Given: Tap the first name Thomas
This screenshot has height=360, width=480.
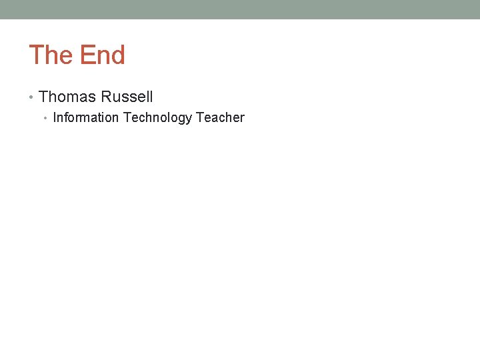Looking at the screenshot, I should pyautogui.click(x=67, y=97).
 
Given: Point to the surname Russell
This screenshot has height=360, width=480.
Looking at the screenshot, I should pyautogui.click(x=127, y=97).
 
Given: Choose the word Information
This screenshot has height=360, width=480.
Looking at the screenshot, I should pyautogui.click(x=85, y=118).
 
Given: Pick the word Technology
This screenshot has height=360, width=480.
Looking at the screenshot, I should pyautogui.click(x=157, y=118).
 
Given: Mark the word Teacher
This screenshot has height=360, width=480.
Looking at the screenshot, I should pyautogui.click(x=220, y=118).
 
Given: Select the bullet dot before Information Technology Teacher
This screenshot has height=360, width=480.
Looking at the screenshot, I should pyautogui.click(x=46, y=119).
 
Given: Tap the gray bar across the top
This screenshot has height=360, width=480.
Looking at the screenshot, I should pyautogui.click(x=240, y=9).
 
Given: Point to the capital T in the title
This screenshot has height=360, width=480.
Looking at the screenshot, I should pyautogui.click(x=36, y=55).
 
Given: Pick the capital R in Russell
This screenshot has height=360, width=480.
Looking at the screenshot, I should pyautogui.click(x=107, y=97).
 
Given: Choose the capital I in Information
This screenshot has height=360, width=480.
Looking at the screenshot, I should pyautogui.click(x=55, y=118).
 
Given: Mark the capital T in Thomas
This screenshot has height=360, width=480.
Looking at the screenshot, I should pyautogui.click(x=44, y=97).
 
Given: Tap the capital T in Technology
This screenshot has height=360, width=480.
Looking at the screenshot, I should pyautogui.click(x=127, y=118).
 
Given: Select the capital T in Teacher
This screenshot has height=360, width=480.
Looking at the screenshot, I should pyautogui.click(x=199, y=118).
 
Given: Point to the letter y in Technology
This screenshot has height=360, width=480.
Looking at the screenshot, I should pyautogui.click(x=189, y=119).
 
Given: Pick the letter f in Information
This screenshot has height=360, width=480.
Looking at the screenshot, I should pyautogui.click(x=68, y=118).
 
